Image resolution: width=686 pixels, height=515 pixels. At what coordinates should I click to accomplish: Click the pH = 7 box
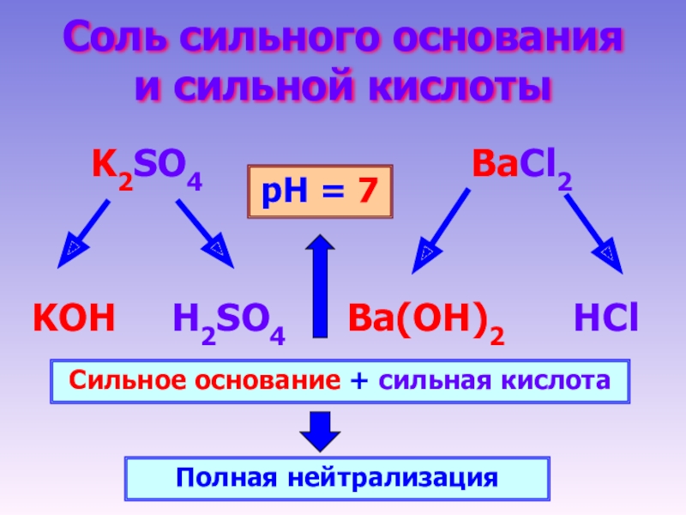pos(320,191)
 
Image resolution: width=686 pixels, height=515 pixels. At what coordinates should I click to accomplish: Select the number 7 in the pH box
pos(367,191)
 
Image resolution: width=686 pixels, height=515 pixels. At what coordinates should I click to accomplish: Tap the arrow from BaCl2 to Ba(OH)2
pos(441,230)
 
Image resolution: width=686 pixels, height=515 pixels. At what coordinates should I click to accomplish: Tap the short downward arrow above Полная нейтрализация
pos(320,430)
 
